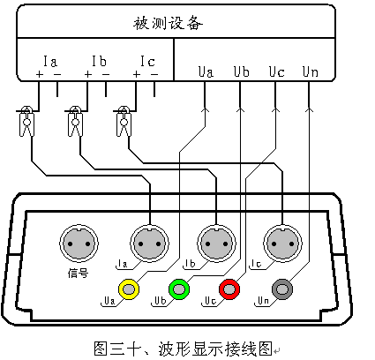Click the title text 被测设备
pyautogui.click(x=168, y=23)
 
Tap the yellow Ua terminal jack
pyautogui.click(x=129, y=289)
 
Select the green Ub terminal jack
pyautogui.click(x=179, y=289)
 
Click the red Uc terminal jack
pyautogui.click(x=229, y=289)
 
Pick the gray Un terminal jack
pyautogui.click(x=282, y=289)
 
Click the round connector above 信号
pyautogui.click(x=79, y=244)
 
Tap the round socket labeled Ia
pyautogui.click(x=150, y=244)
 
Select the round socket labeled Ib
pyautogui.click(x=216, y=244)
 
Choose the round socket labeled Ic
pyautogui.click(x=282, y=244)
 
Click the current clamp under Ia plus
pyautogui.click(x=26, y=121)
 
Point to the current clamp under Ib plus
pyautogui.click(x=75, y=121)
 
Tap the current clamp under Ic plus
pyautogui.click(x=124, y=121)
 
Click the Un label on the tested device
pyautogui.click(x=311, y=71)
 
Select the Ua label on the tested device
pyautogui.click(x=206, y=71)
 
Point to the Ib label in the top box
pyautogui.click(x=99, y=61)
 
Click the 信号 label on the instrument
pyautogui.click(x=78, y=274)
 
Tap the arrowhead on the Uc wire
pyautogui.click(x=275, y=110)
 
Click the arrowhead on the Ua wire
pyautogui.click(x=205, y=110)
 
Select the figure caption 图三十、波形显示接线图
pyautogui.click(x=183, y=349)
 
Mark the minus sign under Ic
pyautogui.click(x=154, y=74)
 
